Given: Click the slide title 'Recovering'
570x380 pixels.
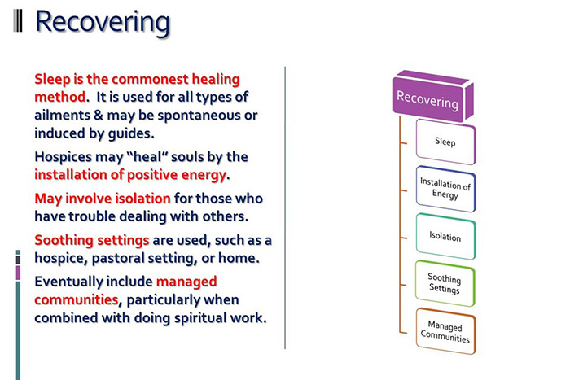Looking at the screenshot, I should click(x=103, y=22).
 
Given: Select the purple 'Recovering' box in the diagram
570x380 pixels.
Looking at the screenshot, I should click(x=427, y=99).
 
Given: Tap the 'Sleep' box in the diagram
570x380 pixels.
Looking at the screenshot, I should click(x=445, y=142).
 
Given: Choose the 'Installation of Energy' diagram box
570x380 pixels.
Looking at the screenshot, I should click(x=445, y=189).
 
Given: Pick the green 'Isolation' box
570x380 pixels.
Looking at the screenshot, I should click(x=445, y=237).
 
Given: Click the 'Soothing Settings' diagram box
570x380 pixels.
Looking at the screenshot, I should click(x=445, y=283).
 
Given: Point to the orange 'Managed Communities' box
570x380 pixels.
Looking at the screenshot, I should click(x=445, y=331).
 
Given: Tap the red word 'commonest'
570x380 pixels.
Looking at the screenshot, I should click(x=139, y=79).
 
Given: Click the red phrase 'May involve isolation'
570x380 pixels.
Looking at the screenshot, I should click(x=103, y=198).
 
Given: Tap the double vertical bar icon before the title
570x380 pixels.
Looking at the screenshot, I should click(x=19, y=21).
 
